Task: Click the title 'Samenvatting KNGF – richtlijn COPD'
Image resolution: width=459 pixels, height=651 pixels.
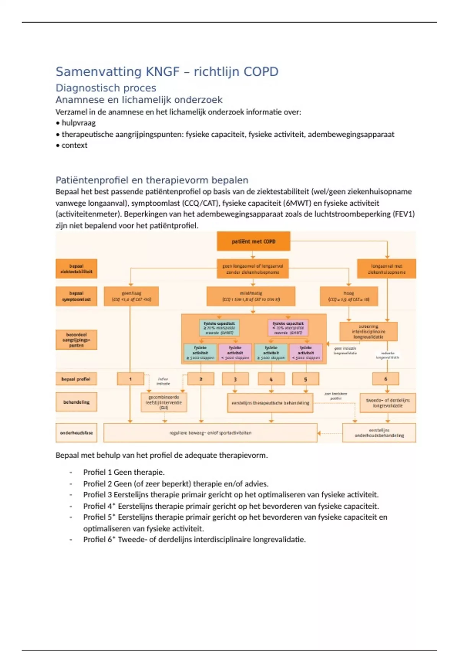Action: click(167, 72)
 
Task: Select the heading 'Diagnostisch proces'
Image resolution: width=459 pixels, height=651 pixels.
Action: click(106, 88)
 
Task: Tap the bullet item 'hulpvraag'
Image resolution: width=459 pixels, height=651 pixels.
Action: click(78, 123)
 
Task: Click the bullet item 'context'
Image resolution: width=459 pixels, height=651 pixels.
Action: click(74, 145)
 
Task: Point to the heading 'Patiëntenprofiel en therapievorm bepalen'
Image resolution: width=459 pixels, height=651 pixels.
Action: click(152, 180)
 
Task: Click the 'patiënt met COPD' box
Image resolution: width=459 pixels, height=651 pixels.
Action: click(253, 241)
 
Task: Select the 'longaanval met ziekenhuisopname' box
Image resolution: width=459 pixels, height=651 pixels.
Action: click(386, 269)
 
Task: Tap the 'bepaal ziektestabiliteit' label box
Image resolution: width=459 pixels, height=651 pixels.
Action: click(76, 269)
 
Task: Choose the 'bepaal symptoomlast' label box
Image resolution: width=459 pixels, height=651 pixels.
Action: click(76, 296)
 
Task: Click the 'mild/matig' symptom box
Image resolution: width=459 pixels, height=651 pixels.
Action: click(251, 296)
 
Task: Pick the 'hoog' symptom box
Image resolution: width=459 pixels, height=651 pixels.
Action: click(348, 296)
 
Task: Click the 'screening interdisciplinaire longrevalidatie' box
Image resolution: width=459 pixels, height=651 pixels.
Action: click(368, 332)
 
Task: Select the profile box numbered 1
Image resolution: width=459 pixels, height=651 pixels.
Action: click(130, 379)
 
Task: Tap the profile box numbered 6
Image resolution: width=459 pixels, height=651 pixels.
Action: click(385, 379)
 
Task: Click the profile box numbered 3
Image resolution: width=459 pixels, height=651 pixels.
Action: click(235, 379)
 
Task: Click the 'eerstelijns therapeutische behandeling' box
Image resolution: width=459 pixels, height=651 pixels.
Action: click(270, 403)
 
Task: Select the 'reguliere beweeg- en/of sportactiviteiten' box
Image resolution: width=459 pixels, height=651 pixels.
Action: click(210, 433)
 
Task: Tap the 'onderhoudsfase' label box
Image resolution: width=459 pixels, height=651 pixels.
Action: click(76, 433)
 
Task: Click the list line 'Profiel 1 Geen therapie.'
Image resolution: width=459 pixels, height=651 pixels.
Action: click(124, 472)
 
